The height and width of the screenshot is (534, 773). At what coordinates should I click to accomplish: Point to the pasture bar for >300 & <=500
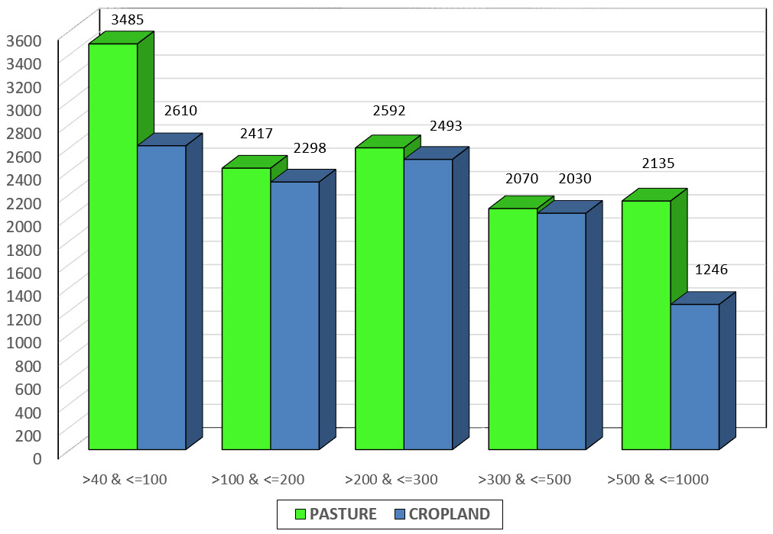point(512,328)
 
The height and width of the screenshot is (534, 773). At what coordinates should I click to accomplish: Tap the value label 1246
point(711,269)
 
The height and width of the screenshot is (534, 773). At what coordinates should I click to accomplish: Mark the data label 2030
point(574,179)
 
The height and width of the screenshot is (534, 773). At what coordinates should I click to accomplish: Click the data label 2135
point(658,163)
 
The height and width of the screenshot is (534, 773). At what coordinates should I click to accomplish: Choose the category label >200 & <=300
point(391,480)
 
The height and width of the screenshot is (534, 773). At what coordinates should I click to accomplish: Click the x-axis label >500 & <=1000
point(658,480)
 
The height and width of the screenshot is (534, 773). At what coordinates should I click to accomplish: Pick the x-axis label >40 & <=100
point(125,480)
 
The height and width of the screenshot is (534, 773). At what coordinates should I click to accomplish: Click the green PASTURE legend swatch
point(302,514)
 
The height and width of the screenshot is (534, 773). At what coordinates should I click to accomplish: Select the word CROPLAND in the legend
point(449,514)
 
